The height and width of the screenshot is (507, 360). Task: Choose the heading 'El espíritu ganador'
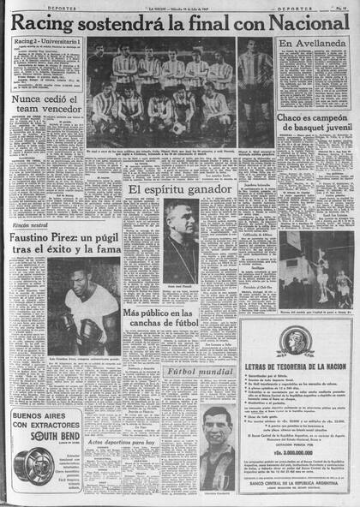point(180,190)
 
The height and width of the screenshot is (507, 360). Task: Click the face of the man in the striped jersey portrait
point(216,426)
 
